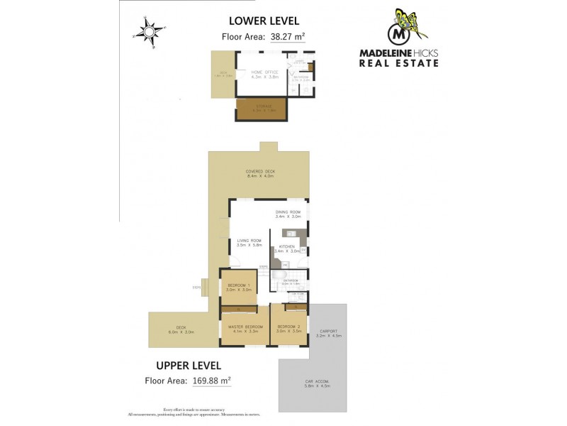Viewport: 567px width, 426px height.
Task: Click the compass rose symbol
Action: tap(147, 31)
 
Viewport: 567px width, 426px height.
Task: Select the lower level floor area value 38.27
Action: tap(286, 39)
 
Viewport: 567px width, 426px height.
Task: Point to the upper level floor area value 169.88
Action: tap(211, 381)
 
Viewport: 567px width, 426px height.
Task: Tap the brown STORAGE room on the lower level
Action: tap(260, 110)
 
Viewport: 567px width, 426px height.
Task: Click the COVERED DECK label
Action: tap(260, 172)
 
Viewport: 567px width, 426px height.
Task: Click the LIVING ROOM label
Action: tap(249, 241)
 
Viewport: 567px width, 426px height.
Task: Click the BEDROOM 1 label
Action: tap(239, 286)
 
